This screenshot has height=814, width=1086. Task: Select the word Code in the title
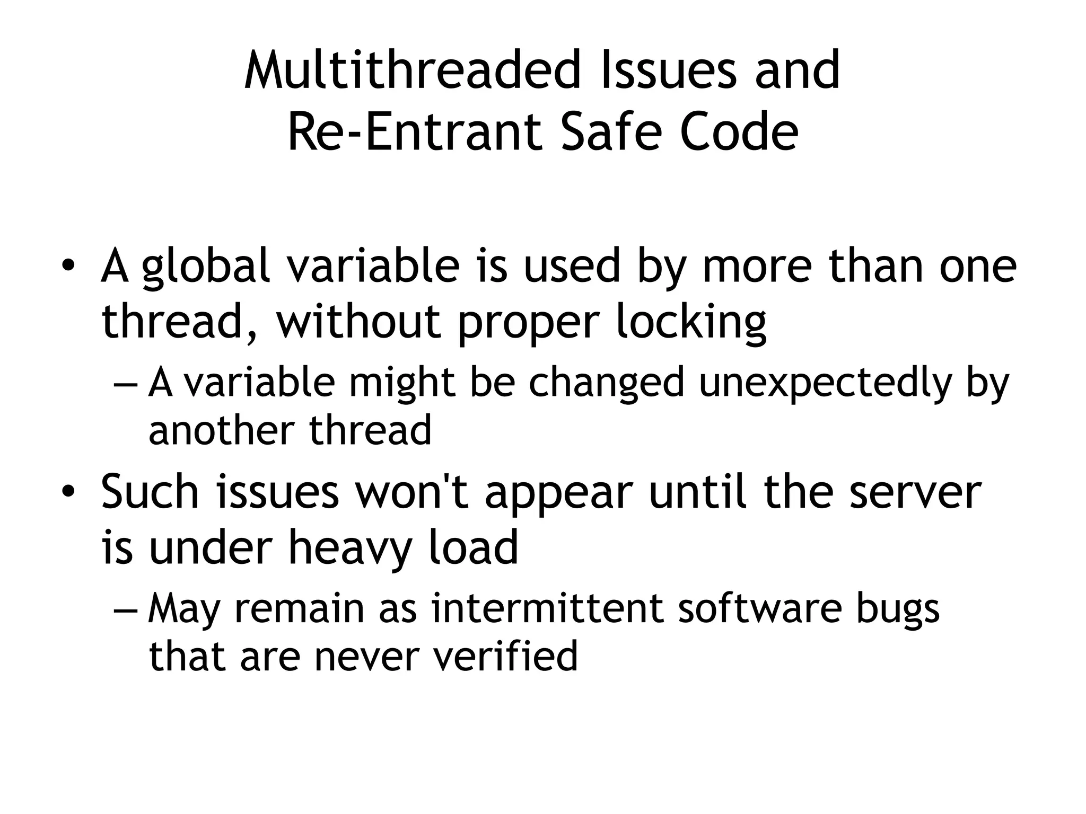pyautogui.click(x=739, y=132)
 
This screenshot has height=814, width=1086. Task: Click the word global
pyautogui.click(x=206, y=268)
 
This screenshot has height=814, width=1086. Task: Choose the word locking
pyautogui.click(x=691, y=323)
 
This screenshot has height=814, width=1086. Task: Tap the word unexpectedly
pyautogui.click(x=825, y=383)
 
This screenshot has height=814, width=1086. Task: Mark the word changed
pyautogui.click(x=607, y=383)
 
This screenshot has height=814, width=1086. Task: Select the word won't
pyautogui.click(x=411, y=492)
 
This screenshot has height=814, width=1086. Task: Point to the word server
pyautogui.click(x=915, y=493)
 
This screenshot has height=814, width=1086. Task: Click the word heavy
pyautogui.click(x=350, y=549)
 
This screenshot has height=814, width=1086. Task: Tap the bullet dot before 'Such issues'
pyautogui.click(x=68, y=492)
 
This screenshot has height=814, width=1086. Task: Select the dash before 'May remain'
pyautogui.click(x=125, y=609)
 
